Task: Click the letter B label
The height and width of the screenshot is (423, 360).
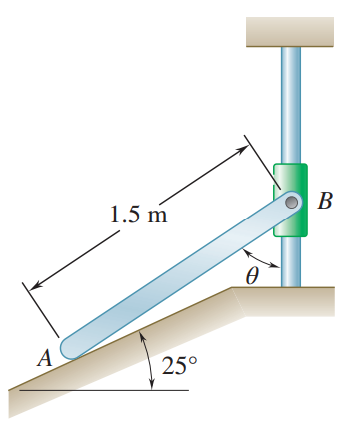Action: point(323,201)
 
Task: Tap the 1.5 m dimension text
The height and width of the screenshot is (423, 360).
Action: point(139,215)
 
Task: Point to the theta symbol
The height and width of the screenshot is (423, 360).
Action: point(251,272)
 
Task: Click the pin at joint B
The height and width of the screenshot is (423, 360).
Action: point(290,203)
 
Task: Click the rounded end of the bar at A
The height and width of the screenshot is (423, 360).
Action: point(70,347)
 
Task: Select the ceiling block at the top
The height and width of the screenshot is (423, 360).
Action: point(291,32)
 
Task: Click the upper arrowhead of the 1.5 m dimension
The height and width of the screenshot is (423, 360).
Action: point(242,151)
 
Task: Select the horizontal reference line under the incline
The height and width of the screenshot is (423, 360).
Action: point(100,389)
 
